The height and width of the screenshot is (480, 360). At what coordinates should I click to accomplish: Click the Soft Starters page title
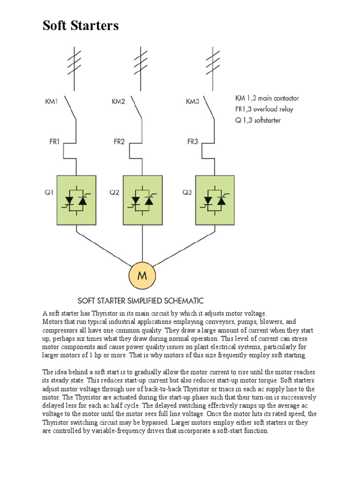coord(81,26)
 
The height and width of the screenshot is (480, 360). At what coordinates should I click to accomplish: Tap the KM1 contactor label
coord(52,101)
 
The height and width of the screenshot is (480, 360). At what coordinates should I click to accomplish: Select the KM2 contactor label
coord(118,101)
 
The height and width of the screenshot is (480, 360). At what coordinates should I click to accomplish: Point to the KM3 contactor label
coord(193,101)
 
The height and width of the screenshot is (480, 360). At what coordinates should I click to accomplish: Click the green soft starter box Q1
coord(76,199)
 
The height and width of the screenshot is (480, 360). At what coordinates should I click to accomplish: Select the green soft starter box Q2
coord(142,199)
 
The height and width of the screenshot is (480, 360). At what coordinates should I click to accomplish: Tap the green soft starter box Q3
coord(215,199)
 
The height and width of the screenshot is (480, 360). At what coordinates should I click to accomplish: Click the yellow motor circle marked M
coord(142,275)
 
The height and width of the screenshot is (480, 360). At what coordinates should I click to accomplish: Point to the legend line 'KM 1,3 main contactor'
coord(267,98)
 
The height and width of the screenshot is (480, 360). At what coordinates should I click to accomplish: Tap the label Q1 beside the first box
coord(48,192)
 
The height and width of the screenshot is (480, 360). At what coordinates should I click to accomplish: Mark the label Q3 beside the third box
coord(187,192)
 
